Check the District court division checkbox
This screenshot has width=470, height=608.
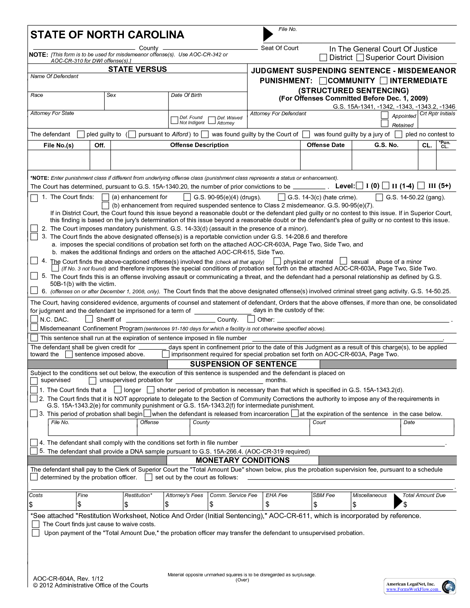coord(323,57)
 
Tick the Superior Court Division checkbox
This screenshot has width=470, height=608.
coord(360,57)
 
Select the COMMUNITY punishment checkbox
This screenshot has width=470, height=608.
coord(323,81)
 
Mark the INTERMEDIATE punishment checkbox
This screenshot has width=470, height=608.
coord(384,81)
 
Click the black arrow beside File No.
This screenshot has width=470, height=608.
coord(268,34)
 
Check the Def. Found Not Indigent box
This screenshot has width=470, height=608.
coord(174,120)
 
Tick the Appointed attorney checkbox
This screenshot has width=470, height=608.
coord(385,115)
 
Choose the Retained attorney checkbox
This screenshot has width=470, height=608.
coord(385,124)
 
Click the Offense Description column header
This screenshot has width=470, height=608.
coord(199,145)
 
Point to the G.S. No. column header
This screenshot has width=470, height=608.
coord(386,145)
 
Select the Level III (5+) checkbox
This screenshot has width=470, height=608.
coord(421,185)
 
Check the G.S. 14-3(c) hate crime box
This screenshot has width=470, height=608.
coord(282,197)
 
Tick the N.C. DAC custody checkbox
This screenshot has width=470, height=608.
coord(34,319)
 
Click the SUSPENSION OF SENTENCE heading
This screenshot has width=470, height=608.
coord(243,364)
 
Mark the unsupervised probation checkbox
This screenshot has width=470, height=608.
coord(93,380)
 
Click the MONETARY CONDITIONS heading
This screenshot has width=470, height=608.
coord(243,460)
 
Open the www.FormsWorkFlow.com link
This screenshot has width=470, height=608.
coord(412,589)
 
